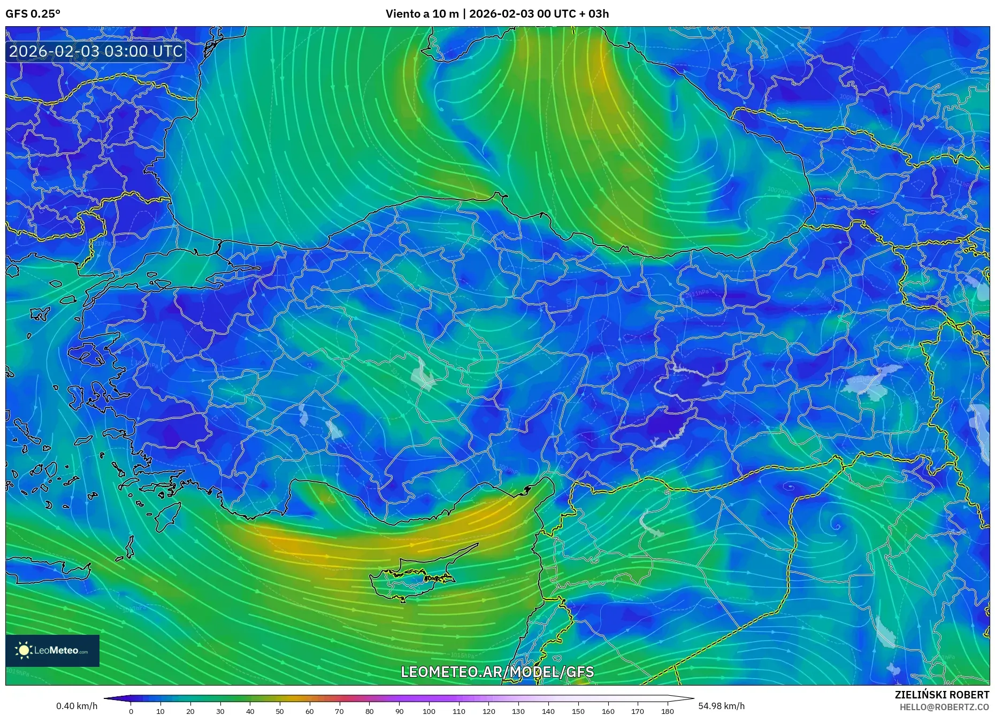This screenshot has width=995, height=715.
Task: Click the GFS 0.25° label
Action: [x=33, y=14]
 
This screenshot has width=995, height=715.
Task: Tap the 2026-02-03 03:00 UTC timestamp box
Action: [x=96, y=51]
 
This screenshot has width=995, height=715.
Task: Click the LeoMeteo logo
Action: [x=52, y=650]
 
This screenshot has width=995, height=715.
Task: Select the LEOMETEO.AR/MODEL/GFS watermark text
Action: [x=497, y=672]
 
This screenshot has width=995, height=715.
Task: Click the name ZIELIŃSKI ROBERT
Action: [x=942, y=695]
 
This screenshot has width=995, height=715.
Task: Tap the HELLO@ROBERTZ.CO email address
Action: [x=944, y=707]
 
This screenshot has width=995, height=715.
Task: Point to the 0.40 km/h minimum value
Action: [x=77, y=706]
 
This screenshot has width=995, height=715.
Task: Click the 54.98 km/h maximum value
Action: [x=721, y=706]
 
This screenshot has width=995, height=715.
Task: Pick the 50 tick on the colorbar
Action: [x=280, y=711]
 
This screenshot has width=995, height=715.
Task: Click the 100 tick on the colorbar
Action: [x=429, y=711]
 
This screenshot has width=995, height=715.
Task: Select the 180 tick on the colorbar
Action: [x=667, y=711]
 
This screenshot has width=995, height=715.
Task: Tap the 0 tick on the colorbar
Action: [x=131, y=711]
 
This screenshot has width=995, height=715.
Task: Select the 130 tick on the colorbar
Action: [x=518, y=711]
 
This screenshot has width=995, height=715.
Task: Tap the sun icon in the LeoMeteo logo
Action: [x=24, y=650]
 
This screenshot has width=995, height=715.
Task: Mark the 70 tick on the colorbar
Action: [x=339, y=711]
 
